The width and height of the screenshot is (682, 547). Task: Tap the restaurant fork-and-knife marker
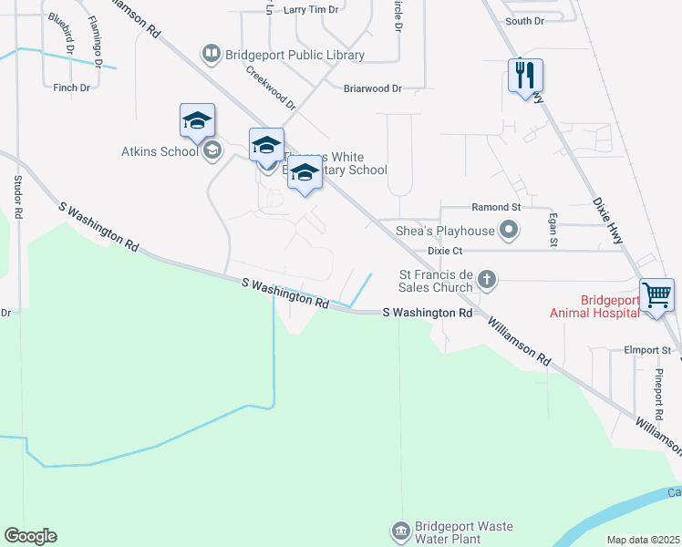[x=525, y=75]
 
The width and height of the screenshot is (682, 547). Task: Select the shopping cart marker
[x=656, y=295]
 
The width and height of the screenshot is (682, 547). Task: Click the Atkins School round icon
[x=212, y=151]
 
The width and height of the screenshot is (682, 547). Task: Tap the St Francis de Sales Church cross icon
[x=487, y=279]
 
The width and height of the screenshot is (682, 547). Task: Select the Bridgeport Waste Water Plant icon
[x=400, y=531]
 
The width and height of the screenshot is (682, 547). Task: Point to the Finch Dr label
[x=71, y=88]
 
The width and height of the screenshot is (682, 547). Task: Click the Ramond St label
[x=495, y=208]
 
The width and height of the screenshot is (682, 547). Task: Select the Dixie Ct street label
[x=446, y=250]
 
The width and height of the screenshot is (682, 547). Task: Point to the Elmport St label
[x=647, y=349]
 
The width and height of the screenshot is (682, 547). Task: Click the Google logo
[x=30, y=536]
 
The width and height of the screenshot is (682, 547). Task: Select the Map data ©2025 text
[x=642, y=540]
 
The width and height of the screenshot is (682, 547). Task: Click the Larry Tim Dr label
[x=310, y=9]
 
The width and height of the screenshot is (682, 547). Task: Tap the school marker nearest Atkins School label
[x=197, y=122]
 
